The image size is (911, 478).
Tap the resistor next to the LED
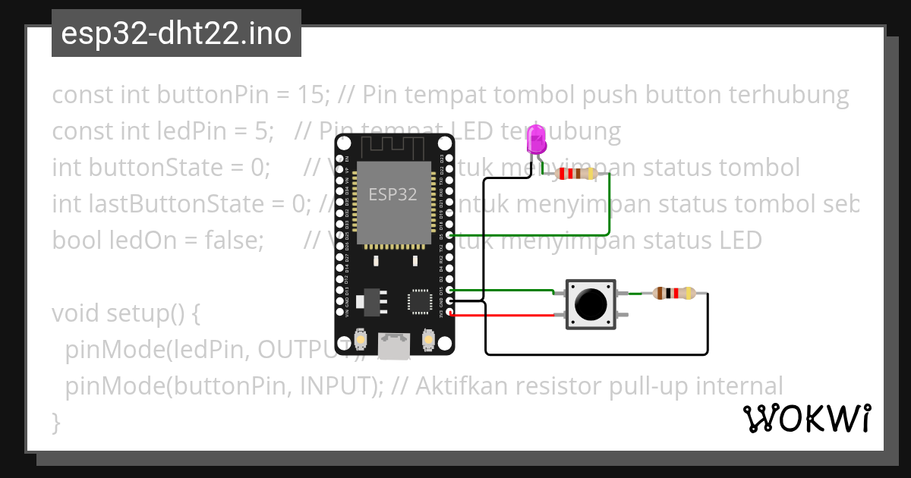[x=578, y=174]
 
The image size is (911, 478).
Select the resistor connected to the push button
[x=674, y=293]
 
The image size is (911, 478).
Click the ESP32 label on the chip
[x=392, y=194]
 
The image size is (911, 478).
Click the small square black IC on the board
[x=421, y=301]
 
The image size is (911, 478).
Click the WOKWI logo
[x=806, y=418]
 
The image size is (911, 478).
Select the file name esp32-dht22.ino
[x=176, y=33]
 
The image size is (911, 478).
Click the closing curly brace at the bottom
[x=55, y=422]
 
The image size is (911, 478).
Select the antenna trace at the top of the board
[x=394, y=146]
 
